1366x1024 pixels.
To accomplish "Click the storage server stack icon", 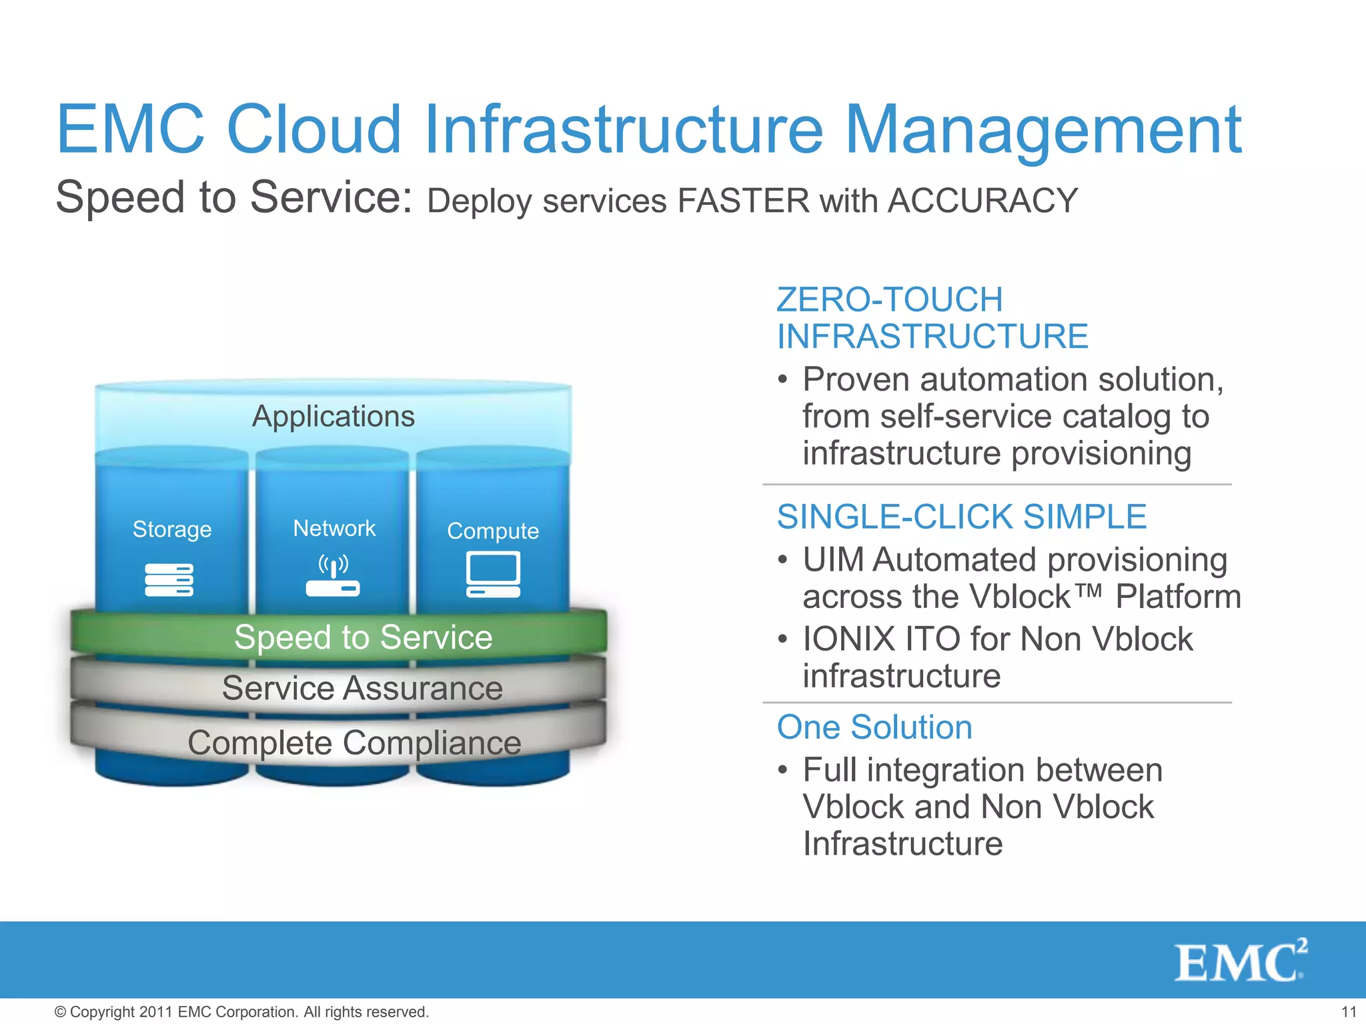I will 169,579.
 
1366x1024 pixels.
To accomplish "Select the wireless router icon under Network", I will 333,575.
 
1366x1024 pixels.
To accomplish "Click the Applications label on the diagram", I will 333,417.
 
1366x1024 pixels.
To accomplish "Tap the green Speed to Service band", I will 364,637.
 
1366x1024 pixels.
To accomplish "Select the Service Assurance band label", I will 362,688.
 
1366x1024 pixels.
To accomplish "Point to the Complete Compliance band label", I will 354,743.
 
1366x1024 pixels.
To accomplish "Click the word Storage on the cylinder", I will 172,529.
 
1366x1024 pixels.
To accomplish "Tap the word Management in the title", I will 1043,131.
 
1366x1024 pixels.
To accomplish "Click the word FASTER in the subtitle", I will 743,201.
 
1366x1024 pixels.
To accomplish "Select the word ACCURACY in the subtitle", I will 982,201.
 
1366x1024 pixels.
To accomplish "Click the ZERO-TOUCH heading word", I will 890,300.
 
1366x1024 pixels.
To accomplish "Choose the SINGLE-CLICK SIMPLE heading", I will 962,517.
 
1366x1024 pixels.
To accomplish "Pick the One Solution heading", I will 874,727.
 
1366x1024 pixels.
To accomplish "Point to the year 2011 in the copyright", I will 157,1012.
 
